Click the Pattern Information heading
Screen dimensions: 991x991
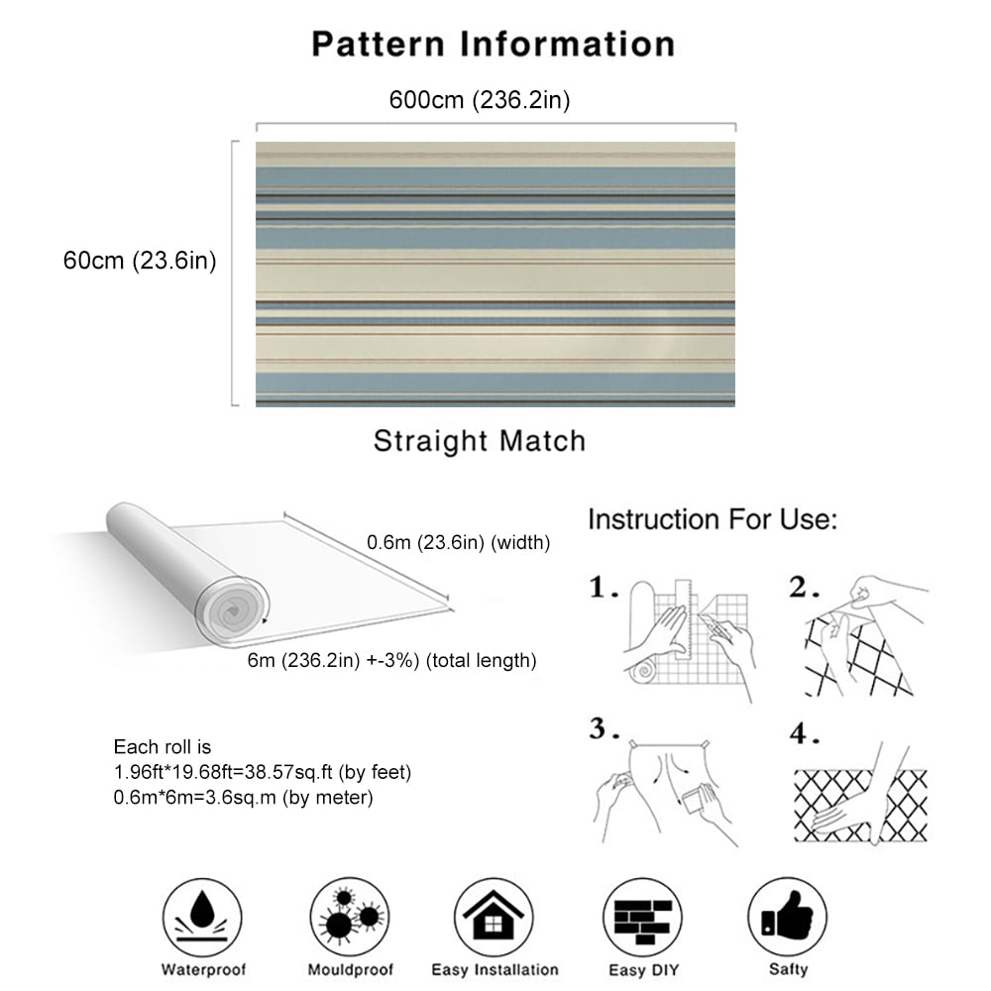click(x=494, y=45)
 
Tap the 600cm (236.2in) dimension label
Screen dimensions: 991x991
click(x=480, y=100)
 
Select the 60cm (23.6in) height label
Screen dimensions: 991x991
click(x=140, y=261)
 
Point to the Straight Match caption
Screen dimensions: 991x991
click(x=480, y=441)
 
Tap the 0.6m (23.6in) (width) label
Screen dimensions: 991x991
click(x=458, y=542)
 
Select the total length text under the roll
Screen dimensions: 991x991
click(x=391, y=660)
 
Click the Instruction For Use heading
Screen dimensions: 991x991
click(x=713, y=519)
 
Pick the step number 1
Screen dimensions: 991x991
click(x=604, y=587)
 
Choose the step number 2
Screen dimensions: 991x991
click(x=804, y=587)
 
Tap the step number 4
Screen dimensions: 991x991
click(x=804, y=733)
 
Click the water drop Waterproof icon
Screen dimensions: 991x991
click(x=202, y=917)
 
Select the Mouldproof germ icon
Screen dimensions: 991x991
click(x=350, y=917)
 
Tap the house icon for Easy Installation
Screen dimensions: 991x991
click(x=494, y=917)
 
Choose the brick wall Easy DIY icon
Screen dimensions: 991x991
click(x=643, y=917)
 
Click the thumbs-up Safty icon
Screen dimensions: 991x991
click(x=788, y=917)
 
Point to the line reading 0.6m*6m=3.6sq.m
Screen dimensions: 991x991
click(x=244, y=798)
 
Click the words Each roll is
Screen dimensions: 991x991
click(x=163, y=747)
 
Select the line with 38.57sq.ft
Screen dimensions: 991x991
click(x=263, y=772)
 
